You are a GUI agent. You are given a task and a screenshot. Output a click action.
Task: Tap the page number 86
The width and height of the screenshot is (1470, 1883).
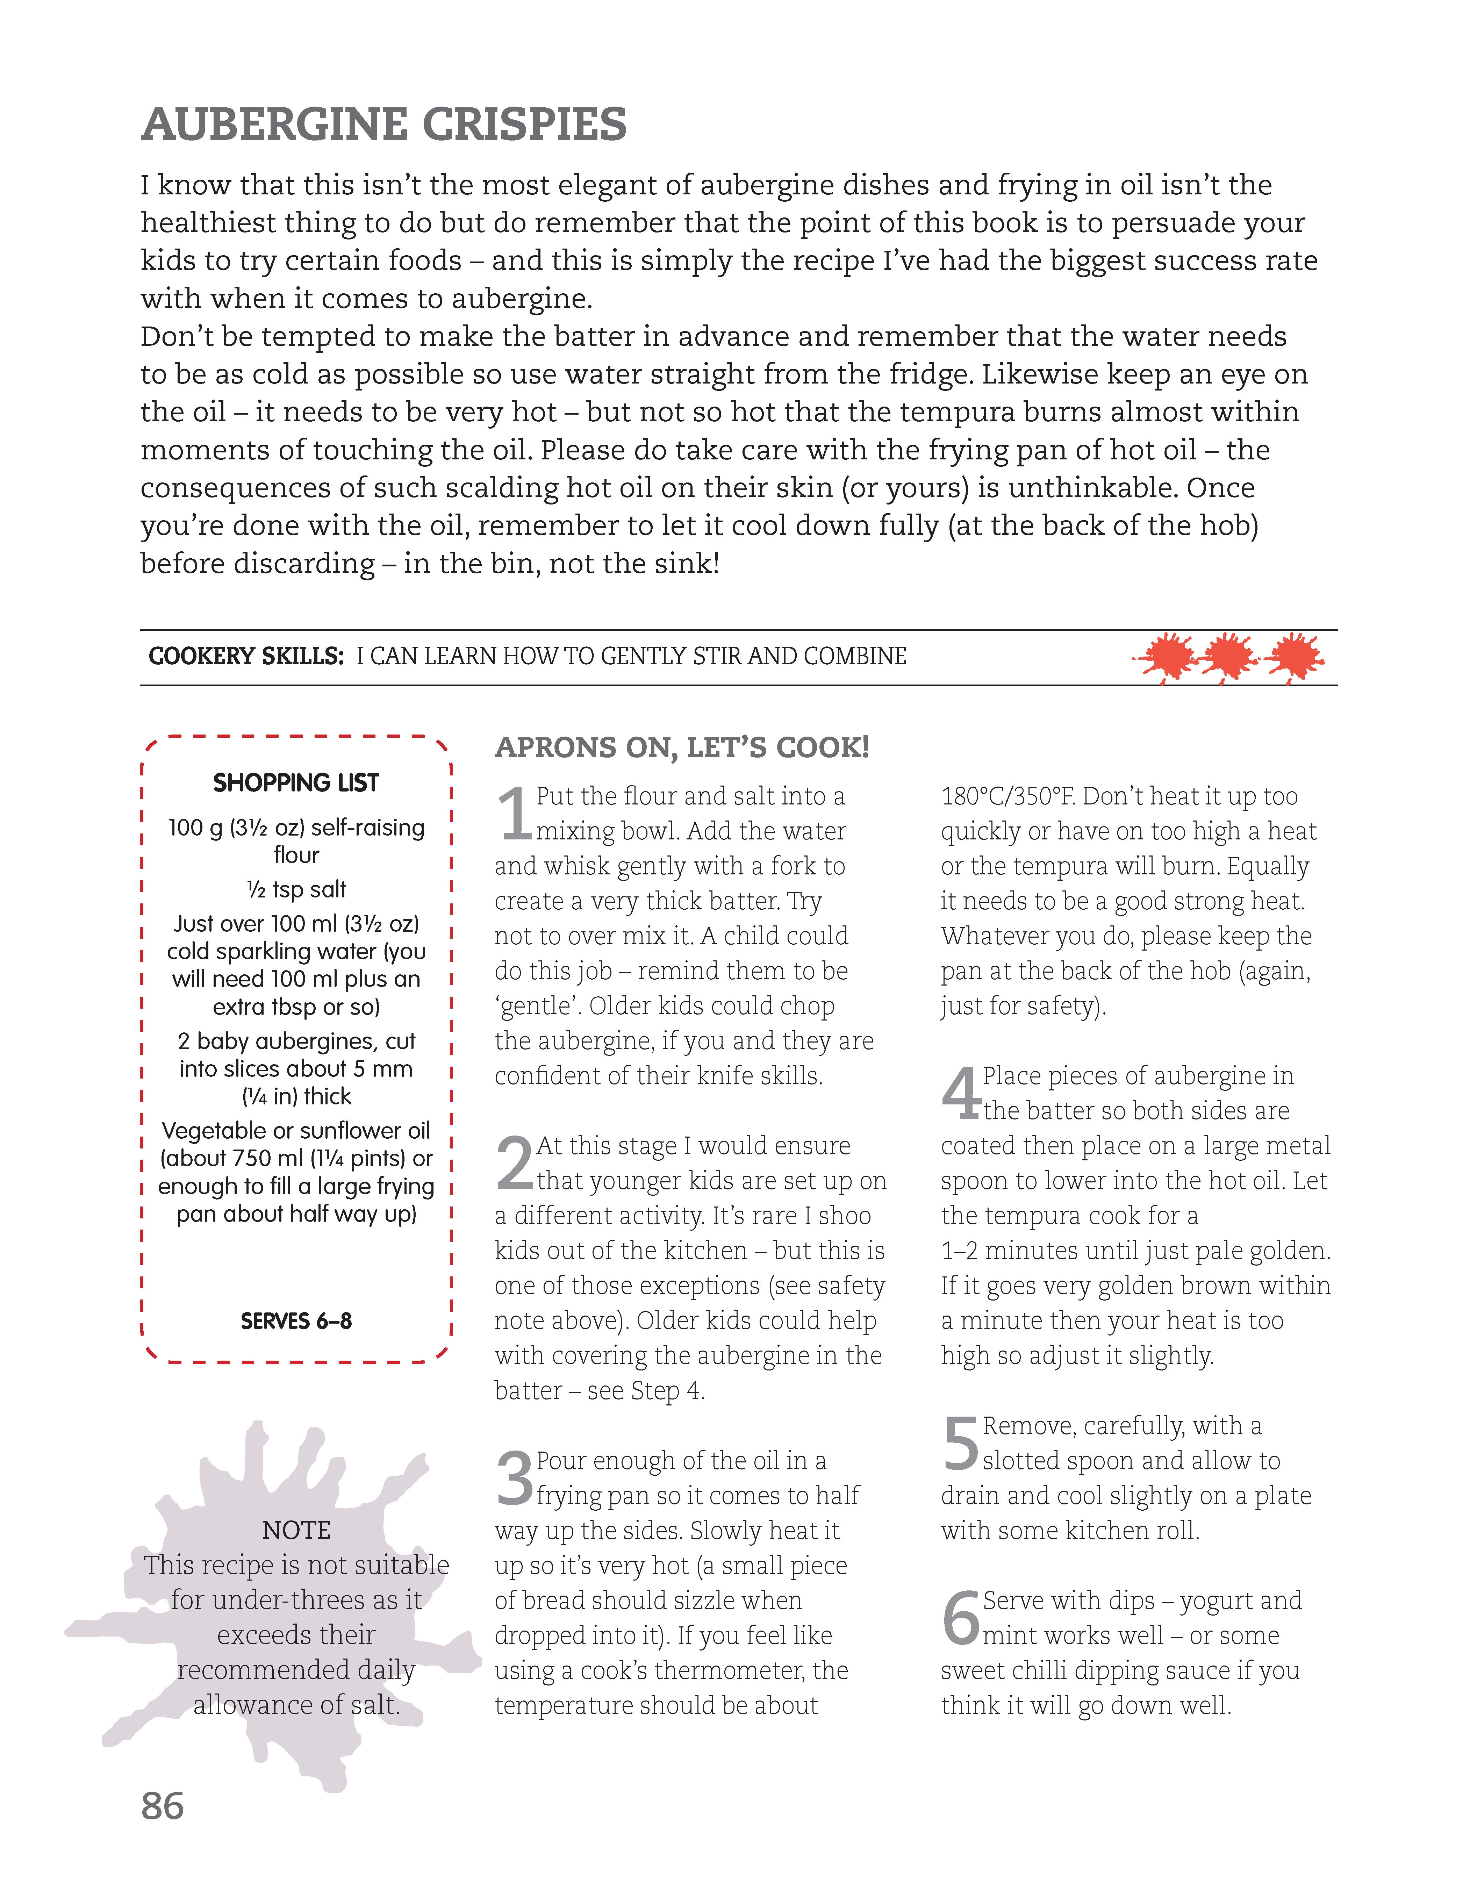pos(162,1806)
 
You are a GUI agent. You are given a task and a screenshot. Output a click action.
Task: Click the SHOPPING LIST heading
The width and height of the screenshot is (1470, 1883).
pos(296,783)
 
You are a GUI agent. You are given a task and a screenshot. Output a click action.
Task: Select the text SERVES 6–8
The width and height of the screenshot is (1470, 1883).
pos(296,1321)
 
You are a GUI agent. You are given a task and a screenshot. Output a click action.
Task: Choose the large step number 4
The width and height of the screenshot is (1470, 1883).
pos(960,1093)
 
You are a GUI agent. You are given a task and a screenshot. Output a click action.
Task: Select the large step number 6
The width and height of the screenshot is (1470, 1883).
pos(960,1618)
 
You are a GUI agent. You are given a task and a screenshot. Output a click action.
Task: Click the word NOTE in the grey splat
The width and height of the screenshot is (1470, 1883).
pos(296,1530)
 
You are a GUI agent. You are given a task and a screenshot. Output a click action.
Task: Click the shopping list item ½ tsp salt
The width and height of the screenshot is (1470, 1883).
pos(296,889)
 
